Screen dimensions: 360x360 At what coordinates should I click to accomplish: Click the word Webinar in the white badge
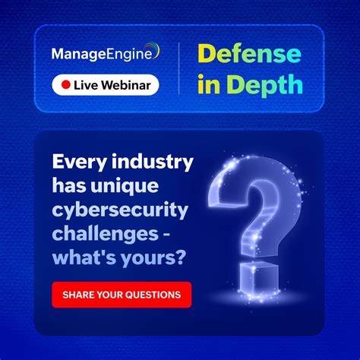[124, 85]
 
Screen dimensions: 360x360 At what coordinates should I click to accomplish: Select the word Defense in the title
[248, 55]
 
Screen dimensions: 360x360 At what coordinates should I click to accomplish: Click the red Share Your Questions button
[122, 295]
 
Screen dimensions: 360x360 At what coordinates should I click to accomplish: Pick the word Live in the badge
[87, 85]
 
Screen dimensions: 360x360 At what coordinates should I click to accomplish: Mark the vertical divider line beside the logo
[179, 68]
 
